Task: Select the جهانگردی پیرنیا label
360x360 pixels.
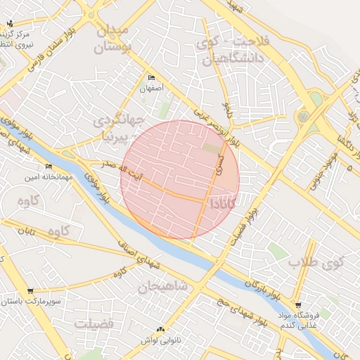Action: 120,123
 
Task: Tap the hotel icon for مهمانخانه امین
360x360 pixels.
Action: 49,167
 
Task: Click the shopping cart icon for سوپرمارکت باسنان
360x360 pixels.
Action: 30,290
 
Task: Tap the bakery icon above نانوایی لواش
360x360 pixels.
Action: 161,328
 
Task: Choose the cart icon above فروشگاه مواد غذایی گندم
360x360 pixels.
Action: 298,305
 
